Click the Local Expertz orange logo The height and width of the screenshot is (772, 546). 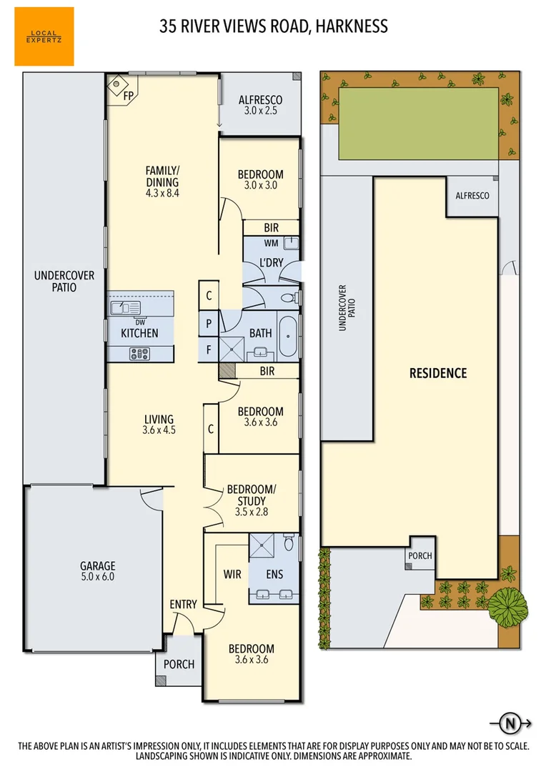[x=44, y=36]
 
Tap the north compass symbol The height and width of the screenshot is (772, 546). [x=510, y=723]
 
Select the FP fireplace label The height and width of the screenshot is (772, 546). [x=129, y=94]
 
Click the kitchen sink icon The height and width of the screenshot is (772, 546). [x=124, y=308]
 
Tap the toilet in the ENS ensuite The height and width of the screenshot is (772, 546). [x=289, y=544]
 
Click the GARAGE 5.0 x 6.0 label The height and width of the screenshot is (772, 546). [x=97, y=570]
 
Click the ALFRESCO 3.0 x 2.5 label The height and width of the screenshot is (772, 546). [x=260, y=105]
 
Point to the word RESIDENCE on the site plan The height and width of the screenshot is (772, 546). [x=437, y=372]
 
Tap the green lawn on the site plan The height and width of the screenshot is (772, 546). [x=418, y=124]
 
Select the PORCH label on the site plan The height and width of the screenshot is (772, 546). [x=420, y=555]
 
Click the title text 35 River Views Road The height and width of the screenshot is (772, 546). [x=274, y=27]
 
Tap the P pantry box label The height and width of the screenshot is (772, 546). [x=209, y=324]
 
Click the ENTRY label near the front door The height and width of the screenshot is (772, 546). [x=183, y=605]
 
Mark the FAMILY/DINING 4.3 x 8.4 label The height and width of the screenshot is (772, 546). [x=162, y=181]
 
